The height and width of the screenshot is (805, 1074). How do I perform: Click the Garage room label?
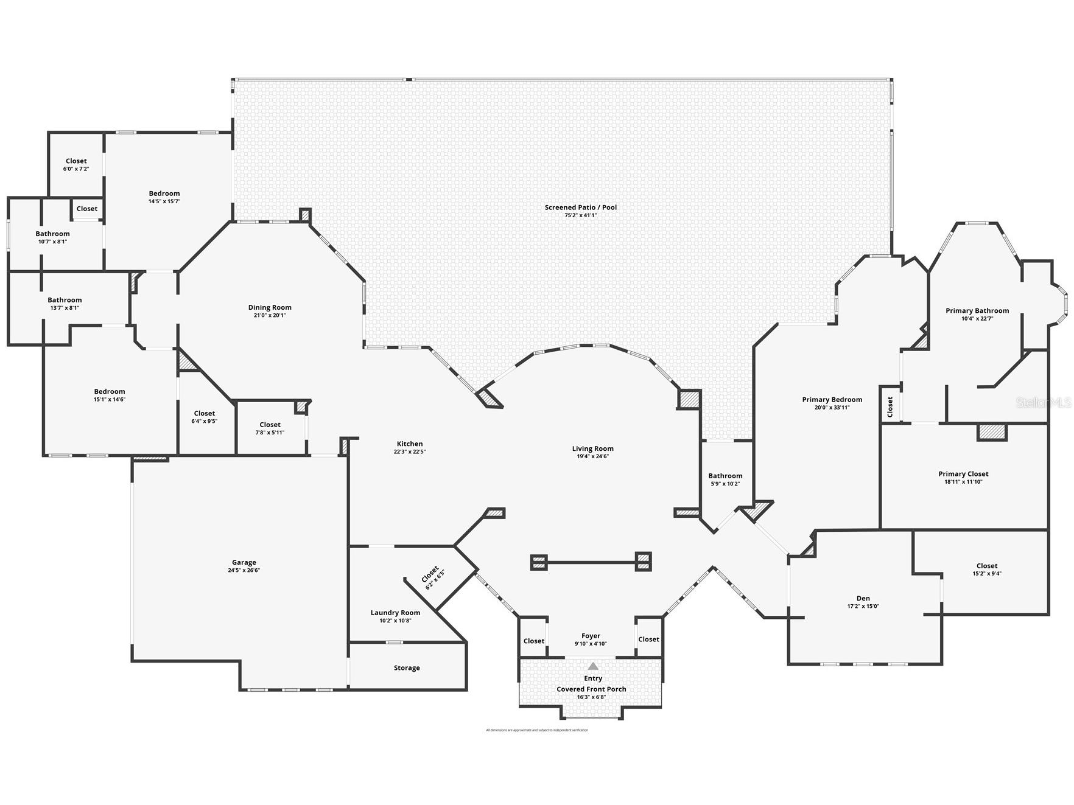tap(244, 562)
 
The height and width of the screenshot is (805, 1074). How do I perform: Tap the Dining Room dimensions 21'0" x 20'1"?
tap(269, 316)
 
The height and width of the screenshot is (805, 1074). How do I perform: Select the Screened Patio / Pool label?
tap(580, 207)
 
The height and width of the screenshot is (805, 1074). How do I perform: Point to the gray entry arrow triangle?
tap(593, 666)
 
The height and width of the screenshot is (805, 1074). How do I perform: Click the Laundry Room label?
tap(395, 613)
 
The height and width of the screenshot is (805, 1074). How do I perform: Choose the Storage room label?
tap(407, 668)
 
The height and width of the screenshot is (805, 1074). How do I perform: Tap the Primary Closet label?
tap(963, 474)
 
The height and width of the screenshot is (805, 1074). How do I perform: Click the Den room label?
tap(863, 598)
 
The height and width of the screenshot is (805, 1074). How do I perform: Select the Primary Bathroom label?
tap(977, 311)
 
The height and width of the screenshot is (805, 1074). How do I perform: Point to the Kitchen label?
tap(410, 444)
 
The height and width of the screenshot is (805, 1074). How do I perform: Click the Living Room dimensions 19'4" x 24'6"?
tap(592, 456)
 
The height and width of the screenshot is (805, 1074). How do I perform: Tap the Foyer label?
tap(591, 636)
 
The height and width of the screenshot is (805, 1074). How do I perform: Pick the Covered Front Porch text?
tap(591, 689)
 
